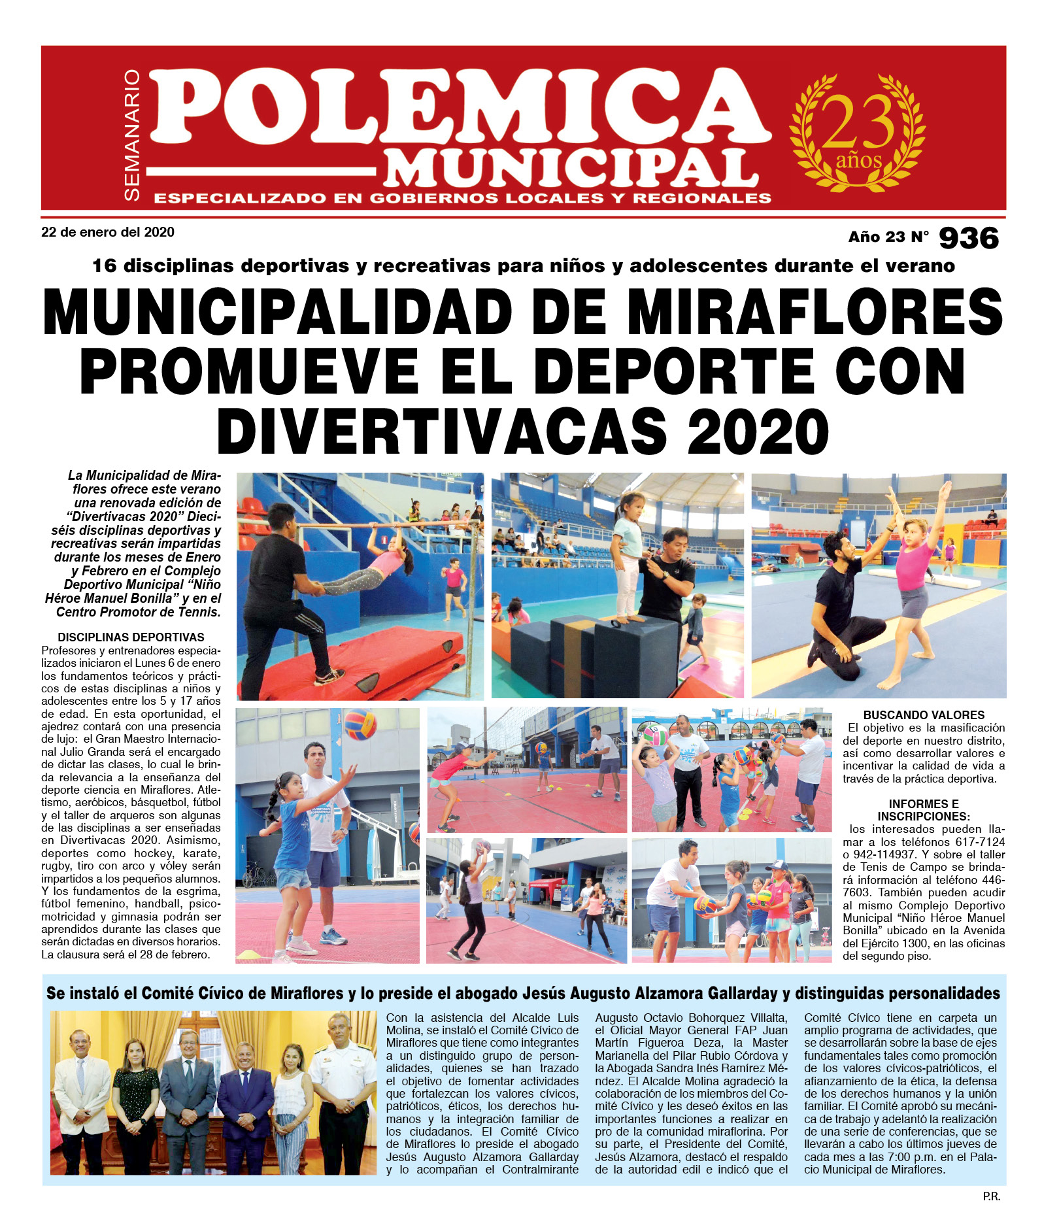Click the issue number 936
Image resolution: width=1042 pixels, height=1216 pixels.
point(969,238)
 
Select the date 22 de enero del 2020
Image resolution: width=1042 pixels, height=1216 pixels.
point(108,232)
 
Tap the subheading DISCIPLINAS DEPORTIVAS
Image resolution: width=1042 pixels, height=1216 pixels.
point(131,637)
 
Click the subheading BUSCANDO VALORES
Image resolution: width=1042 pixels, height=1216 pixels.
point(923,715)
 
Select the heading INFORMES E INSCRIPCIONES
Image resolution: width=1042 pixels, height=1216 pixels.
point(923,810)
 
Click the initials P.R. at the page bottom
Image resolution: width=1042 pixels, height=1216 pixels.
point(991,1196)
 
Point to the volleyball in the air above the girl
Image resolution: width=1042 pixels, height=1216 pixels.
point(360,724)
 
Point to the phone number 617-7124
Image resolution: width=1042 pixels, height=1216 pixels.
point(979,841)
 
